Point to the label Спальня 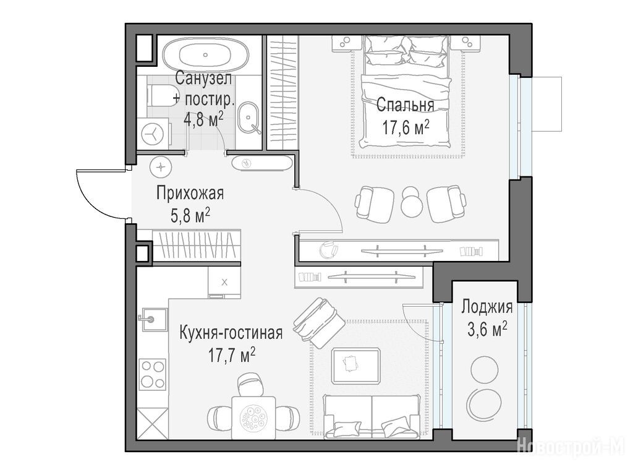tap(405, 105)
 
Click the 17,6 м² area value tap(405, 127)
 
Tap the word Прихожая tap(190, 194)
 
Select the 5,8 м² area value tap(190, 215)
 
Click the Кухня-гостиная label tap(231, 333)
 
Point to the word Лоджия tap(487, 307)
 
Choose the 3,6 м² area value tap(487, 330)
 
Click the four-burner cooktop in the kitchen tap(152, 374)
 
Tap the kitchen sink tap(152, 319)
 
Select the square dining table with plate tap(253, 417)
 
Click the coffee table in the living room tap(355, 366)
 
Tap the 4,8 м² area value tap(203, 120)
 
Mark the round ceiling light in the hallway tap(161, 166)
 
